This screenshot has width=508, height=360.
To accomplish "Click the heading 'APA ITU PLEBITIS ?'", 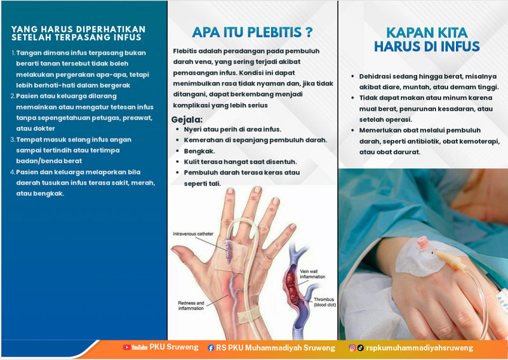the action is click(x=252, y=32).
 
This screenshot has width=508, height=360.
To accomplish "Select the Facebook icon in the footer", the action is click(x=211, y=348).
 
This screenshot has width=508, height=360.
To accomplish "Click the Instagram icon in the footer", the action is click(x=352, y=348).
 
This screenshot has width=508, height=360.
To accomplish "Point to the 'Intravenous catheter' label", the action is click(x=193, y=234).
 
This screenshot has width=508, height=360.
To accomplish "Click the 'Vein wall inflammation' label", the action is click(x=312, y=274).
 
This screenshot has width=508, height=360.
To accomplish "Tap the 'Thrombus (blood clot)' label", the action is click(x=324, y=302).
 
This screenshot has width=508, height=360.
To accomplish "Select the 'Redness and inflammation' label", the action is click(x=191, y=305).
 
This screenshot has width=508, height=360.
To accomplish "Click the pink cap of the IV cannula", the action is click(x=422, y=242).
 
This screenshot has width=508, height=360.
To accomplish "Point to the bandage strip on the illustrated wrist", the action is click(x=249, y=316).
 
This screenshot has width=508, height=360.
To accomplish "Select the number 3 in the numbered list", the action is click(x=13, y=140).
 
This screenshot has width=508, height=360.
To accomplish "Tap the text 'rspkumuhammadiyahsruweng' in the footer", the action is click(x=420, y=348).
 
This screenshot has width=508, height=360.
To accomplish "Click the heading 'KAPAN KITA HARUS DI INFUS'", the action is click(x=427, y=39).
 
